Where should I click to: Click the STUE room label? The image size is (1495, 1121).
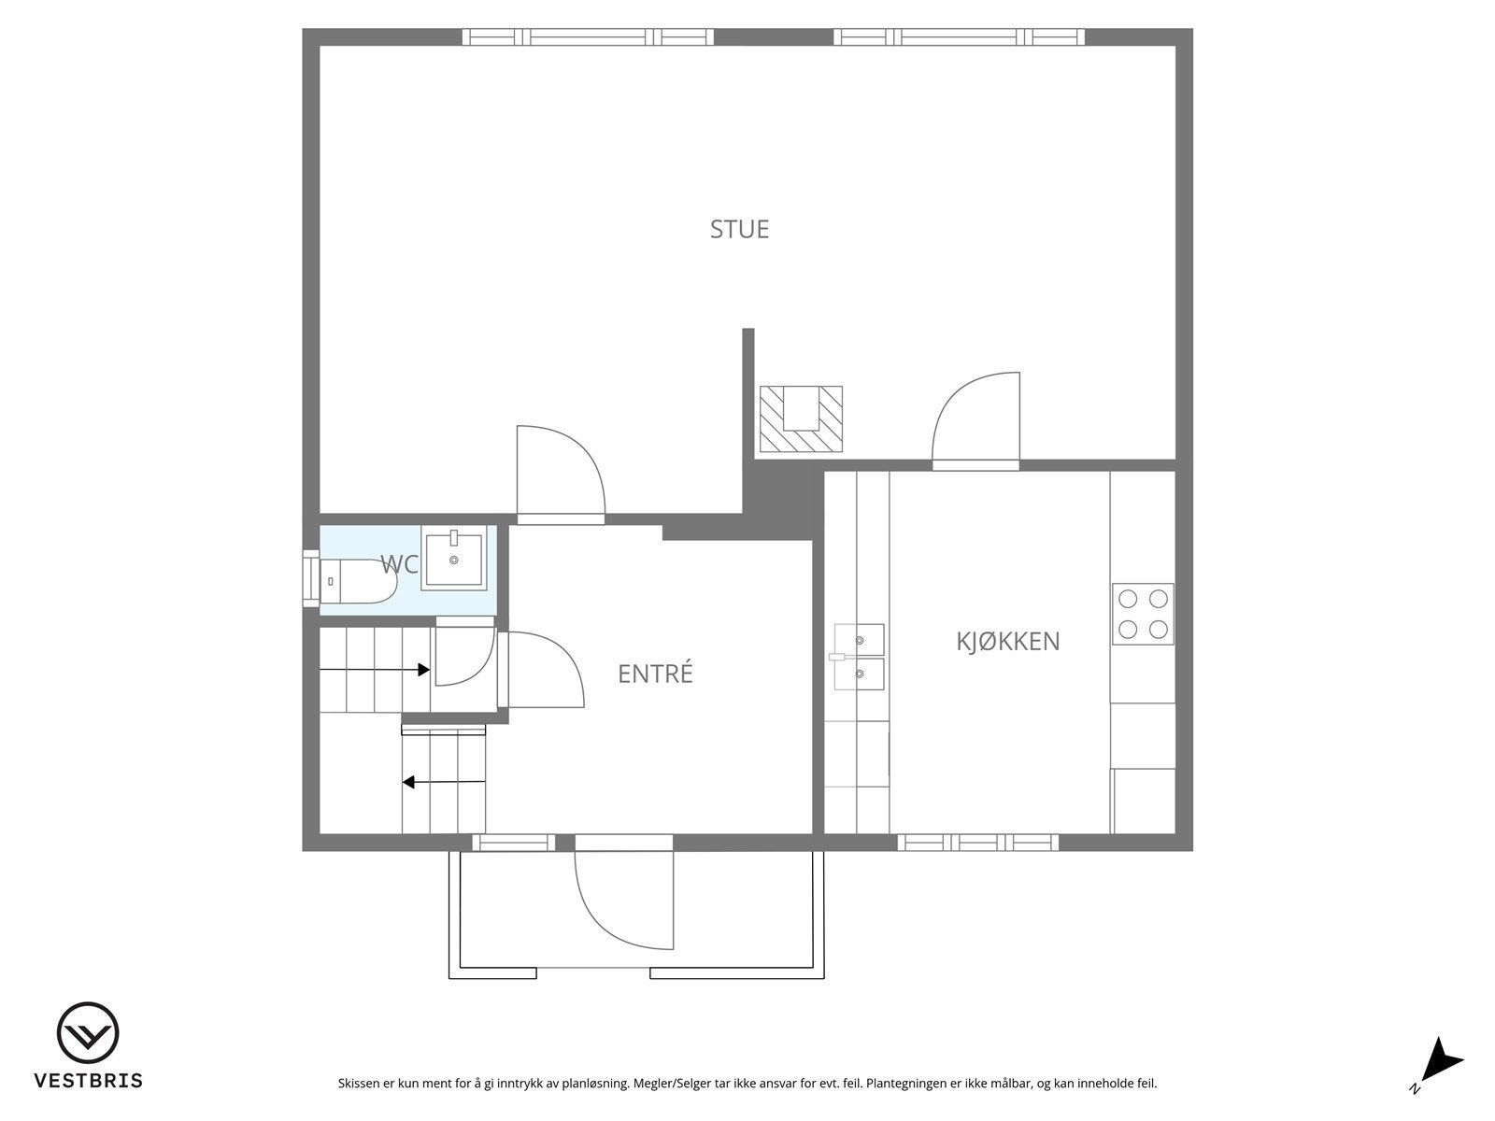739,230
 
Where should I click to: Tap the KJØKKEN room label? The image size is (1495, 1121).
1007,641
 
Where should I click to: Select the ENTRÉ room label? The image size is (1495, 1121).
655,674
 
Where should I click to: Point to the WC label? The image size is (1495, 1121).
398,564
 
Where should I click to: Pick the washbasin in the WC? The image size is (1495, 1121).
453,558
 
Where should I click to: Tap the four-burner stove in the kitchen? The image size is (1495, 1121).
1143,614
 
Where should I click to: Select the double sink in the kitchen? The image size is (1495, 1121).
859,657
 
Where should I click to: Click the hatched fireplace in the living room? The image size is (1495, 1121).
801,419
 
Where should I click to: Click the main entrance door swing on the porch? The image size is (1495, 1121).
624,899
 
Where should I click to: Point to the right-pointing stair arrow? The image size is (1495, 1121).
375,670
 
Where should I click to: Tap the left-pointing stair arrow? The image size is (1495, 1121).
444,782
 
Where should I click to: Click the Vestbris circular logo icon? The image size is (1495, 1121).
88,1033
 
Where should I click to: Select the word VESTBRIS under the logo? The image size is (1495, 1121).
89,1080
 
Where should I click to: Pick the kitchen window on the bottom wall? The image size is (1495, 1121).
978,843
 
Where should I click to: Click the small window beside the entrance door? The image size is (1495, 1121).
514,843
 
